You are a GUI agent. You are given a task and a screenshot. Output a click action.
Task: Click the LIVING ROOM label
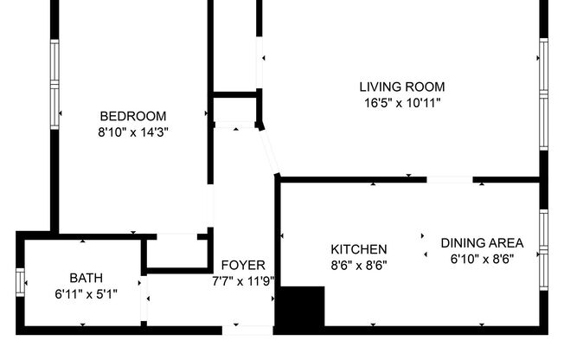pos(401,87)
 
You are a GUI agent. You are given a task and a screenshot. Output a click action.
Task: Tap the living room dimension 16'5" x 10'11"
pos(401,102)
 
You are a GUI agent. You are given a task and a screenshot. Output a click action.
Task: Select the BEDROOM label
pos(132,116)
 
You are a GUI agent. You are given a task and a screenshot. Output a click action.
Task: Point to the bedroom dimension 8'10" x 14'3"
pos(132,132)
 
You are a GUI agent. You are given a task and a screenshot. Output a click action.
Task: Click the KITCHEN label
pos(358,249)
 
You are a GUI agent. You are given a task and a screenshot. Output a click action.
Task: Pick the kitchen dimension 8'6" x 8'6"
pos(358,266)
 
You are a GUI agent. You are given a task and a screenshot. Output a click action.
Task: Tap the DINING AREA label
pos(483,242)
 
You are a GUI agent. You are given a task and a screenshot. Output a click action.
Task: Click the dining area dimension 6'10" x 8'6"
pos(483,259)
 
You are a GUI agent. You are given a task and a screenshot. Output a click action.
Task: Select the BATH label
pos(86,278)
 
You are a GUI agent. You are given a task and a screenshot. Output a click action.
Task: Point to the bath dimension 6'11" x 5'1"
pos(86,294)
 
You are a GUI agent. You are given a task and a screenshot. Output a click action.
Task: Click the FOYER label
pos(243,265)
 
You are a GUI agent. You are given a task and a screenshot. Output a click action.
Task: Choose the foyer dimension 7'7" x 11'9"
pos(243,281)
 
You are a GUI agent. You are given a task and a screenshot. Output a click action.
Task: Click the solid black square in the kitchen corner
pos(299,308)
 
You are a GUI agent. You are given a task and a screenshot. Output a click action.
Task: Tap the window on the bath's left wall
pos(20,282)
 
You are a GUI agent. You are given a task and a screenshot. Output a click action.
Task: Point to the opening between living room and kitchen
pos(450,180)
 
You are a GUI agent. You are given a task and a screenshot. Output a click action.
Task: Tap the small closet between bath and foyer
pos(176,253)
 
